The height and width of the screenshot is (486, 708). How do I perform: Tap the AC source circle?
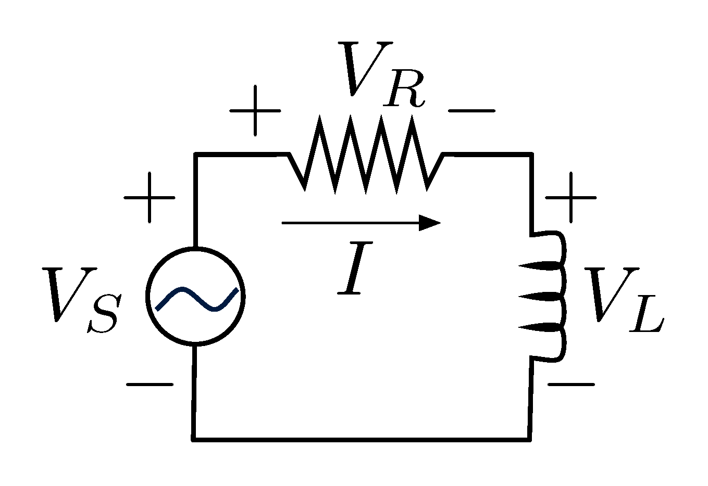pos(196,296)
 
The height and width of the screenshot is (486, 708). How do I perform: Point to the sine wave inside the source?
pos(197,299)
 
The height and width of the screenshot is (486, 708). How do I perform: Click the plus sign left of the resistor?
pos(255,111)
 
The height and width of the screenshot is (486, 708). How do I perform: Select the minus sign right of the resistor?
pos(471,111)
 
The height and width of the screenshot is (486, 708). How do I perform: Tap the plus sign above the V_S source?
pos(150,198)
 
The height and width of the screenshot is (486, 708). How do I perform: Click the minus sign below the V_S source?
pos(150,385)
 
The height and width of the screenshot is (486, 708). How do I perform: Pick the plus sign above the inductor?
pos(570,198)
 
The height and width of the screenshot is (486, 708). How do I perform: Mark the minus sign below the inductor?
pos(570,385)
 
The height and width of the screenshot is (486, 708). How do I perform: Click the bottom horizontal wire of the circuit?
pos(362,440)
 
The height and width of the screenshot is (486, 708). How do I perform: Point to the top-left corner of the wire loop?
pos(196,155)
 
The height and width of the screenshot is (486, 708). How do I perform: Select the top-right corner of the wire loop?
pos(532,155)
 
